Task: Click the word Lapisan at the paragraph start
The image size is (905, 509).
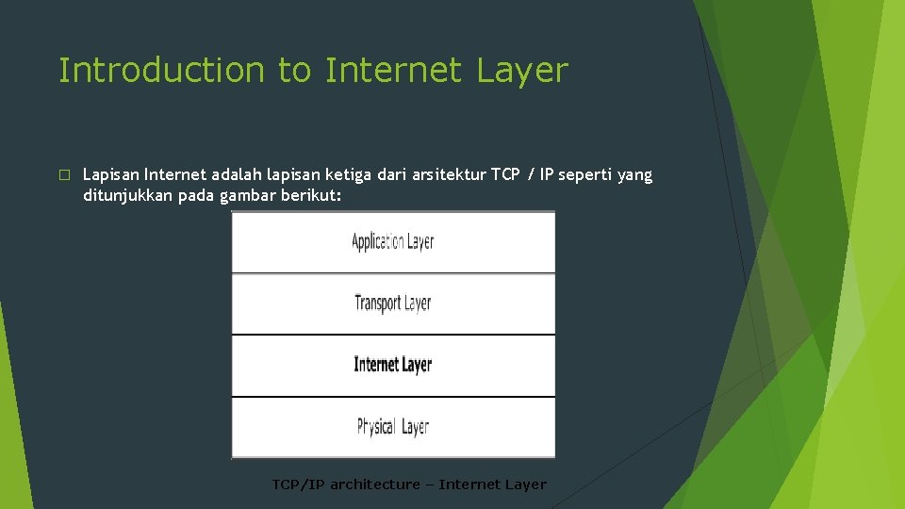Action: pyautogui.click(x=110, y=175)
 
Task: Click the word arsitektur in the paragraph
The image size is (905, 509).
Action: pyautogui.click(x=448, y=175)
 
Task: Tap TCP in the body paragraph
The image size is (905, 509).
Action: pyautogui.click(x=505, y=175)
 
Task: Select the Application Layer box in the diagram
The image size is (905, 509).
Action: pyautogui.click(x=393, y=242)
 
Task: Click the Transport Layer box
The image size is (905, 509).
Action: pyautogui.click(x=393, y=304)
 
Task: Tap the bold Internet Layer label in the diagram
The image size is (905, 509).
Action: pyautogui.click(x=393, y=365)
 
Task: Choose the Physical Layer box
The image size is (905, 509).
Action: pyautogui.click(x=393, y=426)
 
